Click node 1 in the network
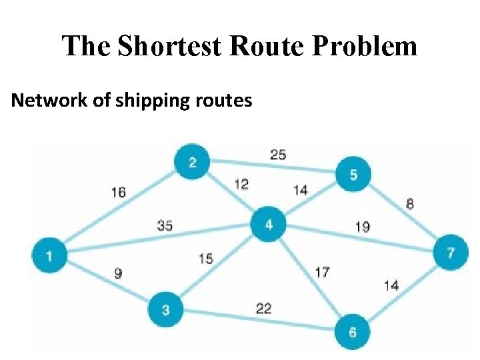point(49,254)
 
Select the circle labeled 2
point(192,162)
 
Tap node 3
point(165,309)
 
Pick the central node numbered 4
point(269,225)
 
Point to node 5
point(353,175)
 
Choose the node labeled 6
point(353,332)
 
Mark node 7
point(451,253)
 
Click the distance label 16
point(119,193)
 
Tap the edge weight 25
point(278,155)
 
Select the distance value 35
point(165,225)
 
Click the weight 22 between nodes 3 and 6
point(263,308)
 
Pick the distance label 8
point(409,203)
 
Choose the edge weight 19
point(363,227)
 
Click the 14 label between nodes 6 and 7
point(391,285)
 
